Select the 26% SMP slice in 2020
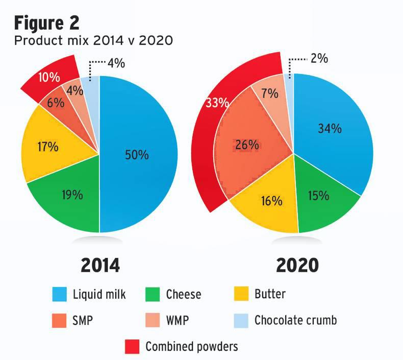point(247,146)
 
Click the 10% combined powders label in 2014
point(49,78)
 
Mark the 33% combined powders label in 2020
point(217,103)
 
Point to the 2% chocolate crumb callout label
point(319,59)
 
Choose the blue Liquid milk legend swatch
point(60,294)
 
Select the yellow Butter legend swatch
point(241,294)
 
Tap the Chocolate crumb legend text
point(295,321)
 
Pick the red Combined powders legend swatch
point(132,347)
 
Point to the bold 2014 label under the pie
point(100,266)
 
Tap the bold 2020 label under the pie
point(297,266)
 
